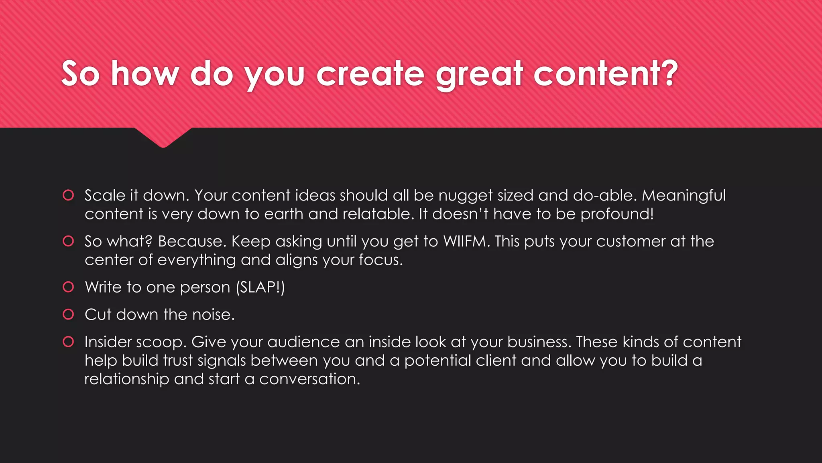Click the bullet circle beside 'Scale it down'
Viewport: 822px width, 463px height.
click(x=69, y=195)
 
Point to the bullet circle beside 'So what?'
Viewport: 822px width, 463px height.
click(x=69, y=241)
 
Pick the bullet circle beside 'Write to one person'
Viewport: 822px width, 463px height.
click(x=69, y=287)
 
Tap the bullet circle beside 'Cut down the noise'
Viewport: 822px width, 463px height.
click(x=69, y=314)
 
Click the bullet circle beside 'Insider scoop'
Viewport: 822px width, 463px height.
click(x=69, y=342)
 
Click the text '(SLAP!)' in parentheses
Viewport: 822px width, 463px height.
click(x=260, y=287)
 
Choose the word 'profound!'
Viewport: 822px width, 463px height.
click(x=617, y=214)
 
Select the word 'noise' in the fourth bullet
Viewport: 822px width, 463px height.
click(x=213, y=315)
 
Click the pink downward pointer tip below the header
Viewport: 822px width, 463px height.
click(x=163, y=145)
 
